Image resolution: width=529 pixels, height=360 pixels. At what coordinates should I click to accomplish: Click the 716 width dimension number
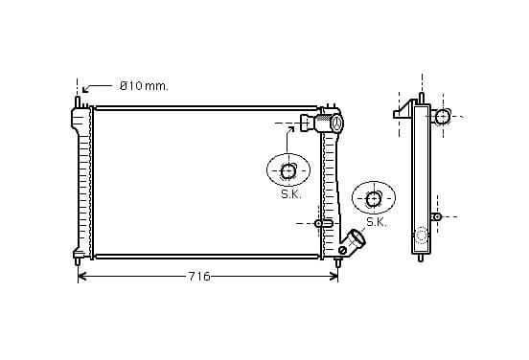tap(199, 277)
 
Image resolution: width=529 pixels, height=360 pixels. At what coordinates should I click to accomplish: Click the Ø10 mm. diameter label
tap(144, 86)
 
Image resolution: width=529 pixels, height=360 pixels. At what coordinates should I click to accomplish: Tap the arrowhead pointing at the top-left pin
tap(85, 90)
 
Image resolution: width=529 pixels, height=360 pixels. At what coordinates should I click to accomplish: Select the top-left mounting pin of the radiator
tap(78, 101)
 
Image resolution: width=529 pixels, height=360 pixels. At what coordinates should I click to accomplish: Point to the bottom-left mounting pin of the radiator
tap(78, 261)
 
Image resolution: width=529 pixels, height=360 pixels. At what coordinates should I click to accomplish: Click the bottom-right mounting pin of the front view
tap(337, 262)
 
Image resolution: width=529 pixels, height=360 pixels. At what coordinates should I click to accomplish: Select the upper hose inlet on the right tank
tap(322, 123)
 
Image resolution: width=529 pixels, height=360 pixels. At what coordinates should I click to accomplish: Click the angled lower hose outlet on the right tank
tap(354, 240)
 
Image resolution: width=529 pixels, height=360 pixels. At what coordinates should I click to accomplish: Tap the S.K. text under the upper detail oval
tap(291, 194)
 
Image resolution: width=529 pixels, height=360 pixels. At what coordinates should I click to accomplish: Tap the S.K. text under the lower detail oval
tap(377, 222)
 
